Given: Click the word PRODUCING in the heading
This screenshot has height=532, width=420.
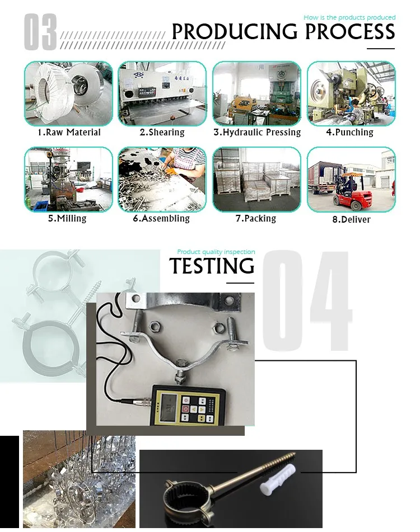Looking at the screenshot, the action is coord(234,32).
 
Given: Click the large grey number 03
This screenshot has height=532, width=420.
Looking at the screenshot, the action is coord(40,32).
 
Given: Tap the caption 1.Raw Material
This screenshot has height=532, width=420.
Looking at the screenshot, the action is coord(69,133).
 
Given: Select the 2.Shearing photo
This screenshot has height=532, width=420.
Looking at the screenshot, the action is coord(162,93).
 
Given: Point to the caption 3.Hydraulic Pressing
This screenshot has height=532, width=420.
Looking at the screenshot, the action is coord(257,133).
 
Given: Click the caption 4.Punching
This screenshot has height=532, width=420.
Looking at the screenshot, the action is coord(349,132).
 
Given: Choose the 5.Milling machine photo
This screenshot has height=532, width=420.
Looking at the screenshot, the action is coord(68,180).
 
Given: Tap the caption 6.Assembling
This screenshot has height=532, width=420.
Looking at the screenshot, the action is coord(161,219).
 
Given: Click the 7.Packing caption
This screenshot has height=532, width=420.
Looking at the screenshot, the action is coord(256,219).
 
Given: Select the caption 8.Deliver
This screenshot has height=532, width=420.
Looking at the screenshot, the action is coord(352,219).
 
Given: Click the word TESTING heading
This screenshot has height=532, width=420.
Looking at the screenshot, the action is coord(212,266).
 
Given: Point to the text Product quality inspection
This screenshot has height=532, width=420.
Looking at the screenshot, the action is coord(216,252).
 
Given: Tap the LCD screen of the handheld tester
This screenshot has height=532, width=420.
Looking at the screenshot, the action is coord(167,406).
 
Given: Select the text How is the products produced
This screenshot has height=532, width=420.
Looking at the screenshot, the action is coord(349,17).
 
